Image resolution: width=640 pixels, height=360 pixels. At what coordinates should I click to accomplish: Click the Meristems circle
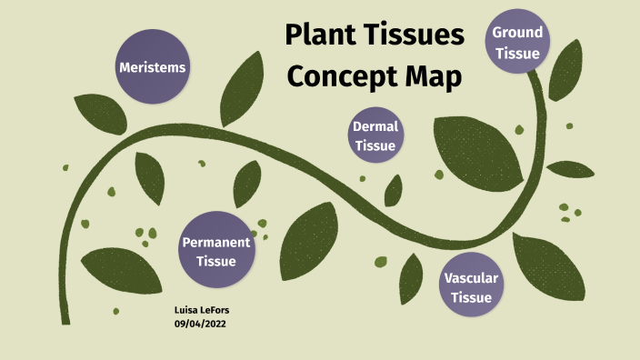point(153,66)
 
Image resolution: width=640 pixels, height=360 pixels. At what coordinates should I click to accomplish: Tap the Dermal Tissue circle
point(375,135)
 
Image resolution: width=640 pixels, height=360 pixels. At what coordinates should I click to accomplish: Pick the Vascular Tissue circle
point(471,285)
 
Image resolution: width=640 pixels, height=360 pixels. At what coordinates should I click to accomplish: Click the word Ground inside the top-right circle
point(517,33)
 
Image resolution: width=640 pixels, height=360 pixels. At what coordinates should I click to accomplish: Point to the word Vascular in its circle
point(471,276)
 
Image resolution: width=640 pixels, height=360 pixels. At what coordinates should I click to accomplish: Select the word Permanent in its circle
point(215,242)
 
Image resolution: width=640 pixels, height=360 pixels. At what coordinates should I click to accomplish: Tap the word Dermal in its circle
point(375,126)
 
